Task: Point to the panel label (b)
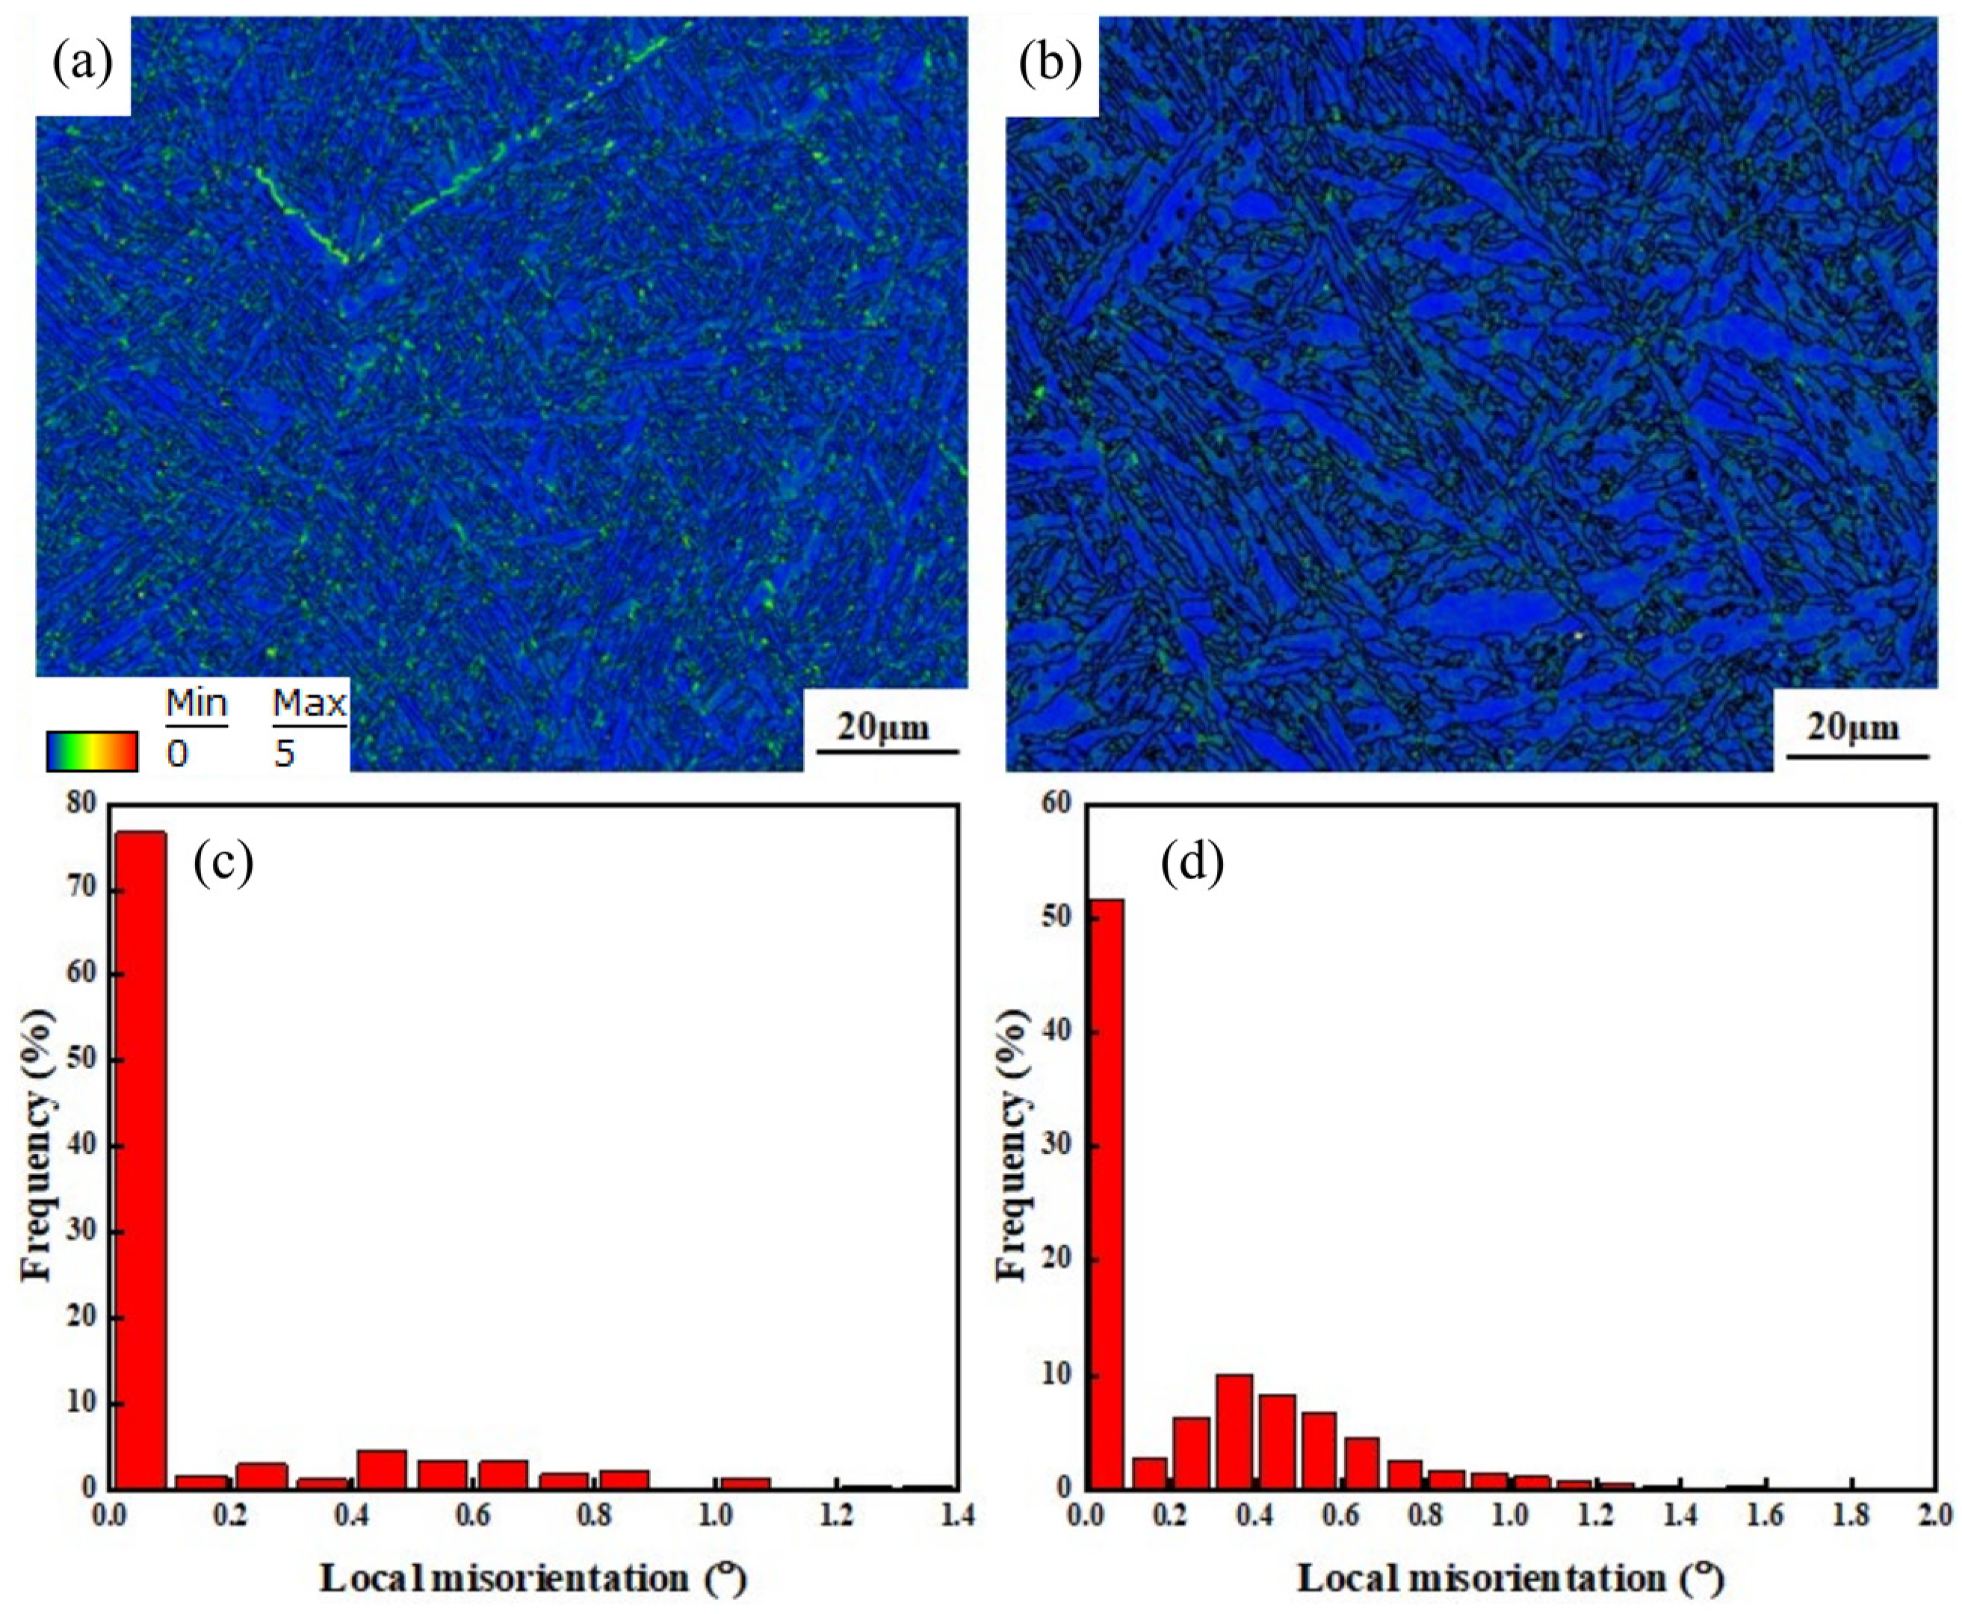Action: tap(1050, 64)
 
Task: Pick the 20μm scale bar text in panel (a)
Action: tap(882, 726)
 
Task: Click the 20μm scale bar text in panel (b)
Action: tap(1852, 726)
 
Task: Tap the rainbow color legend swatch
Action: tap(91, 751)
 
